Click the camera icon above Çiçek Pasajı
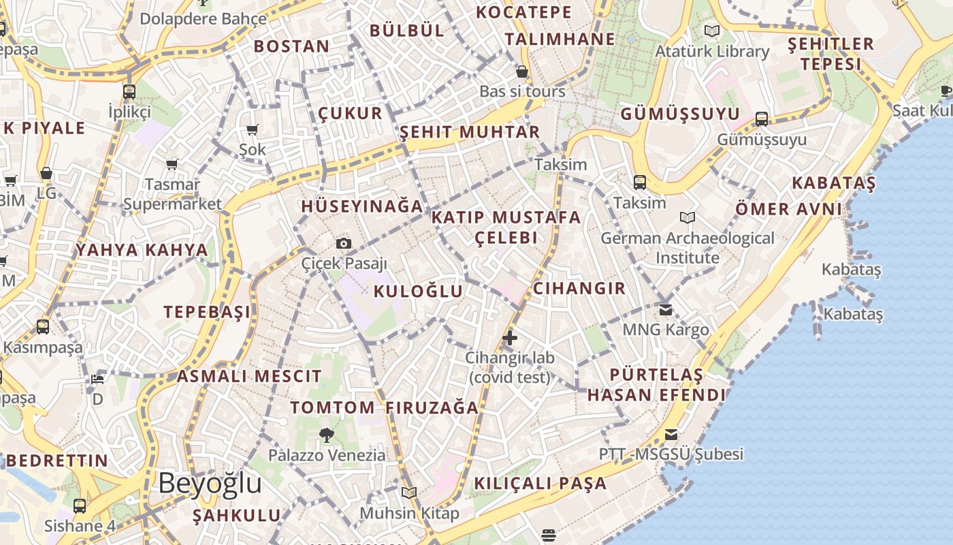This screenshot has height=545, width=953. pyautogui.click(x=344, y=244)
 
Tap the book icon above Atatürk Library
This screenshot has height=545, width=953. pyautogui.click(x=712, y=31)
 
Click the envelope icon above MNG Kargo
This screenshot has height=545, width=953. pyautogui.click(x=665, y=310)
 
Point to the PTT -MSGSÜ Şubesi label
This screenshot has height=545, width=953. pyautogui.click(x=671, y=454)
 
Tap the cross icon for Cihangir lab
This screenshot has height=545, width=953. pyautogui.click(x=509, y=337)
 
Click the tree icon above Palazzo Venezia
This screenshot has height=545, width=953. pyautogui.click(x=327, y=435)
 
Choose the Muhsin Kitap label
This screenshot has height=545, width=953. pyautogui.click(x=409, y=513)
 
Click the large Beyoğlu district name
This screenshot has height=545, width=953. pyautogui.click(x=210, y=483)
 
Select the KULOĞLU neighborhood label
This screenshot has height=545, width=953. pyautogui.click(x=418, y=292)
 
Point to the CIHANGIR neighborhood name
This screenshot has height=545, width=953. pyautogui.click(x=579, y=288)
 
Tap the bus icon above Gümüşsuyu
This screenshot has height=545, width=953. pyautogui.click(x=762, y=119)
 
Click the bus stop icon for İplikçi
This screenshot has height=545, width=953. pyautogui.click(x=129, y=91)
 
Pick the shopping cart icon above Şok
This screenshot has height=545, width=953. pyautogui.click(x=253, y=129)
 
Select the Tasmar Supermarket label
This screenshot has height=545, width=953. pyautogui.click(x=172, y=194)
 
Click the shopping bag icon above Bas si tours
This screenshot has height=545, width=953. pyautogui.click(x=522, y=72)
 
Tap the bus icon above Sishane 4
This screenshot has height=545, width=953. pyautogui.click(x=80, y=506)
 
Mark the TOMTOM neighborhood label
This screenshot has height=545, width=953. pyautogui.click(x=332, y=408)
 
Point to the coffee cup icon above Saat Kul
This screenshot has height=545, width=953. pyautogui.click(x=946, y=91)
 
